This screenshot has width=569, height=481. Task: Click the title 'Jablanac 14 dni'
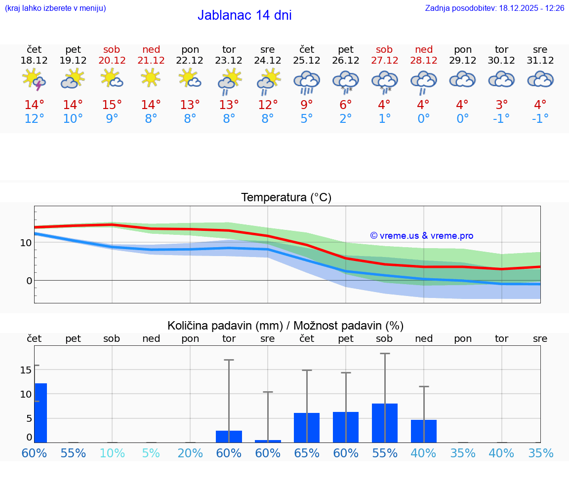tap(244, 15)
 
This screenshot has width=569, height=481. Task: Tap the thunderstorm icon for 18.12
tap(34, 80)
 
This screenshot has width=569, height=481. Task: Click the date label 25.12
tap(307, 61)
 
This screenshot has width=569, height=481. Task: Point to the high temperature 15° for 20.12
tap(112, 105)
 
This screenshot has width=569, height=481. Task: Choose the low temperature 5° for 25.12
tap(307, 118)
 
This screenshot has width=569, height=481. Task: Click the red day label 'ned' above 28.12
tap(424, 49)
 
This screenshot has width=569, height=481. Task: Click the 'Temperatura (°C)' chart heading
tap(286, 198)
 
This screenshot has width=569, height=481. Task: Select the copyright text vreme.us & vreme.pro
tap(422, 236)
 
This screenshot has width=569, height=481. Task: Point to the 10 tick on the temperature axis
tap(26, 243)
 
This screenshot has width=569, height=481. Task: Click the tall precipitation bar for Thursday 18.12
tap(41, 412)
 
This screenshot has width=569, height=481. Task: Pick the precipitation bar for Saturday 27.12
tap(385, 423)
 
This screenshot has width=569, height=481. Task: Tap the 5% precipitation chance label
tap(151, 453)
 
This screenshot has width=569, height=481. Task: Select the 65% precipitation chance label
tap(307, 453)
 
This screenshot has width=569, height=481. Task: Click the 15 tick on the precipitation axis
tap(26, 370)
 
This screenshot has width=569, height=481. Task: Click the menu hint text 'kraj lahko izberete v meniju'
tap(55, 8)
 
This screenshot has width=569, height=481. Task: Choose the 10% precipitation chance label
tap(112, 453)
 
